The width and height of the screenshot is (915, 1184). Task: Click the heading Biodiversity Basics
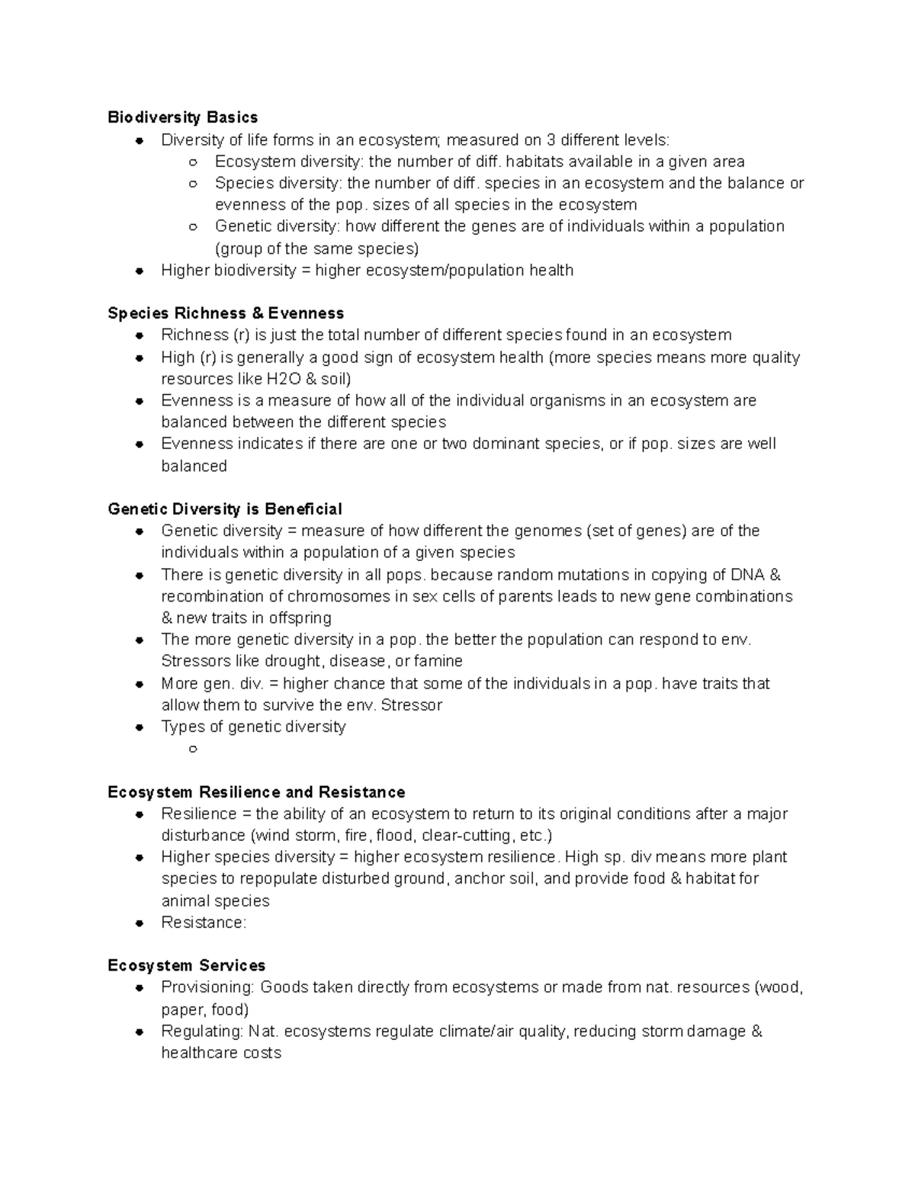pos(182,117)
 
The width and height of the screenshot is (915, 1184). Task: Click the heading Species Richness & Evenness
pos(226,313)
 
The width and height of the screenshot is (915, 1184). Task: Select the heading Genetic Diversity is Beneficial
pos(225,509)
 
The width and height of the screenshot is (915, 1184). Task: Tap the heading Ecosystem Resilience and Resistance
pos(256,792)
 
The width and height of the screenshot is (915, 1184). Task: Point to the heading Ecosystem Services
pos(186,966)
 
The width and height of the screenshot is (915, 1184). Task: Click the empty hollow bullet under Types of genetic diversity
pos(193,749)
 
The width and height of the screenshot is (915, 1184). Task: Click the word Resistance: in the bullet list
pos(204,922)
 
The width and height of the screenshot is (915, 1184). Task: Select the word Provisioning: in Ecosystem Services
pos(207,988)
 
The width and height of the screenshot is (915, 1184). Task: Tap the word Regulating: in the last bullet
pos(202,1032)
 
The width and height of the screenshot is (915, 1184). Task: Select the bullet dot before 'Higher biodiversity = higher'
pos(139,271)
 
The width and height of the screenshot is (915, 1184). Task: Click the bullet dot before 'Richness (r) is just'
pos(139,335)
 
